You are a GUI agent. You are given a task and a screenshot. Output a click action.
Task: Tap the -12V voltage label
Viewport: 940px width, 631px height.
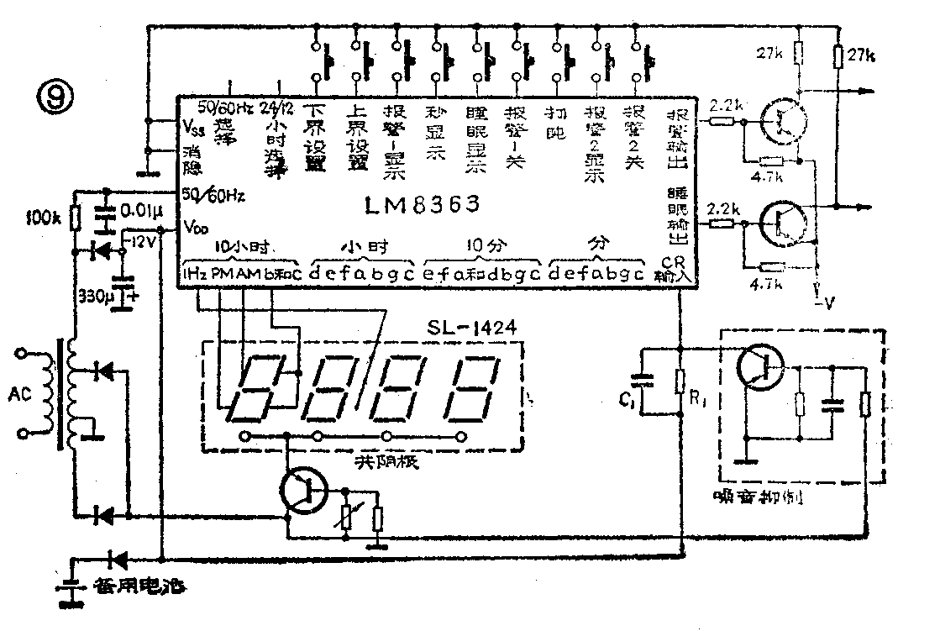click(x=139, y=244)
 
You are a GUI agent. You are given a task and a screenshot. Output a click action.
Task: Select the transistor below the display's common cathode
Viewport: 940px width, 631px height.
click(x=306, y=492)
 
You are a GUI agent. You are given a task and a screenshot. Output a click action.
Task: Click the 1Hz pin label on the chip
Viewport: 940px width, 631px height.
click(x=195, y=274)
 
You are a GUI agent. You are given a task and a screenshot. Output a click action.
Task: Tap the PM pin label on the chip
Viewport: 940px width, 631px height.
click(x=220, y=274)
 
